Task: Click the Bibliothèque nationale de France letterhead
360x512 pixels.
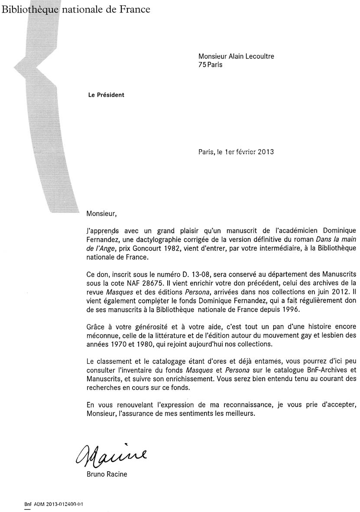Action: (76, 9)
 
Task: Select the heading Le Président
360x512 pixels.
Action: (106, 95)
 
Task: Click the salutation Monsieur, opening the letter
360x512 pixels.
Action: (102, 213)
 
